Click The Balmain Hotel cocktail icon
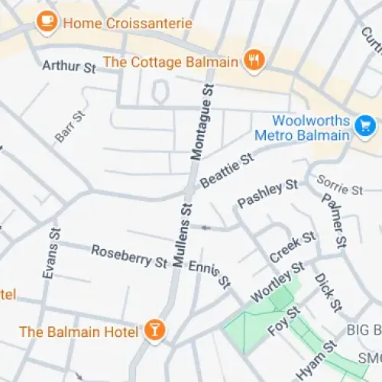pyautogui.click(x=155, y=330)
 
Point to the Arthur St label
pyautogui.click(x=69, y=67)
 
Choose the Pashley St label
pyautogui.click(x=267, y=193)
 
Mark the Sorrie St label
pyautogui.click(x=339, y=186)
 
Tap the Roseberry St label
pyautogui.click(x=129, y=257)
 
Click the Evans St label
pyautogui.click(x=51, y=253)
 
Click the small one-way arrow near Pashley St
pyautogui.click(x=205, y=227)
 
